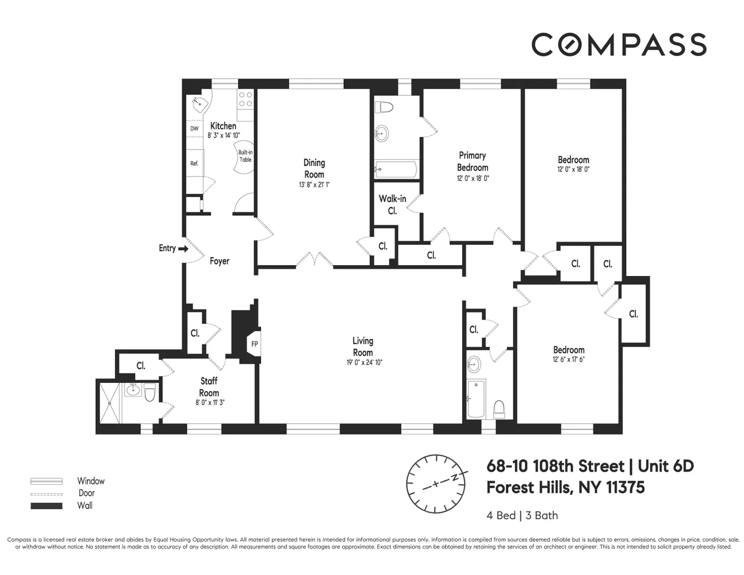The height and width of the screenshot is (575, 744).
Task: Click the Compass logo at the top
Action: pyautogui.click(x=619, y=44)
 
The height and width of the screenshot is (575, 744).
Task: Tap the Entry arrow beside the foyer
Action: pyautogui.click(x=183, y=249)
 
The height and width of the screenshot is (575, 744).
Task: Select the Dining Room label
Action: pyautogui.click(x=314, y=168)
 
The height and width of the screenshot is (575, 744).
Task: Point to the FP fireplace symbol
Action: pyautogui.click(x=255, y=344)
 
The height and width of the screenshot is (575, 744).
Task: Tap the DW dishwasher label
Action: pyautogui.click(x=194, y=129)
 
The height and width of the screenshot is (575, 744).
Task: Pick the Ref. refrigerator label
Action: pyautogui.click(x=194, y=163)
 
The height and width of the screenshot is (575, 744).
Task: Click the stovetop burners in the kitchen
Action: pyautogui.click(x=246, y=99)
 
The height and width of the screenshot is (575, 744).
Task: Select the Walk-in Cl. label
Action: pyautogui.click(x=392, y=205)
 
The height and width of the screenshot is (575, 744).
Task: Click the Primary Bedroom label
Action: pyautogui.click(x=473, y=161)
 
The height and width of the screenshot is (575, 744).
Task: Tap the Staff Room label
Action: pyautogui.click(x=209, y=387)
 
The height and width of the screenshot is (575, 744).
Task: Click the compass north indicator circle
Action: pyautogui.click(x=435, y=484)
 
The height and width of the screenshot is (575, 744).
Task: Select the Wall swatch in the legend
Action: pyautogui.click(x=46, y=506)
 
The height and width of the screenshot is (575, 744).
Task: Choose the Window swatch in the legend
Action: pyautogui.click(x=46, y=481)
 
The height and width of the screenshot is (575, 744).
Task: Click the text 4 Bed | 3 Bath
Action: pyautogui.click(x=522, y=515)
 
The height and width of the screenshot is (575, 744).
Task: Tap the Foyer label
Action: pyautogui.click(x=219, y=261)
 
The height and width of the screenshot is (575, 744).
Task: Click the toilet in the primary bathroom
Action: pyautogui.click(x=383, y=108)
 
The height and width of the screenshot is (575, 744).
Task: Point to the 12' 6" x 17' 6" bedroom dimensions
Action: pyautogui.click(x=569, y=360)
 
